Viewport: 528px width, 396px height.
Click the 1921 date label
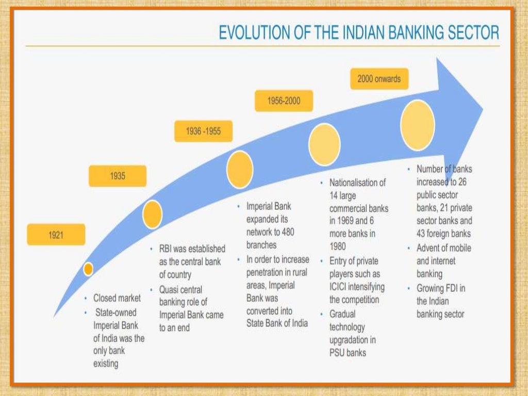tap(56, 235)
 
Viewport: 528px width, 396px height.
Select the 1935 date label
tap(118, 176)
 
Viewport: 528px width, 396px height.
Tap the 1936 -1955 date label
tap(203, 131)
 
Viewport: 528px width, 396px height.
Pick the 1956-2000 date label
tap(284, 101)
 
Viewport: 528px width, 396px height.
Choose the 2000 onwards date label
tap(379, 79)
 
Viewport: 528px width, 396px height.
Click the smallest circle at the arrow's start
tap(89, 269)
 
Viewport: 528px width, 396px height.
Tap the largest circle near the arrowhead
tap(418, 125)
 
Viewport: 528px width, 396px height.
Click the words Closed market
tap(117, 298)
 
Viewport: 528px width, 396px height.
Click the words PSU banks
tap(348, 353)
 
